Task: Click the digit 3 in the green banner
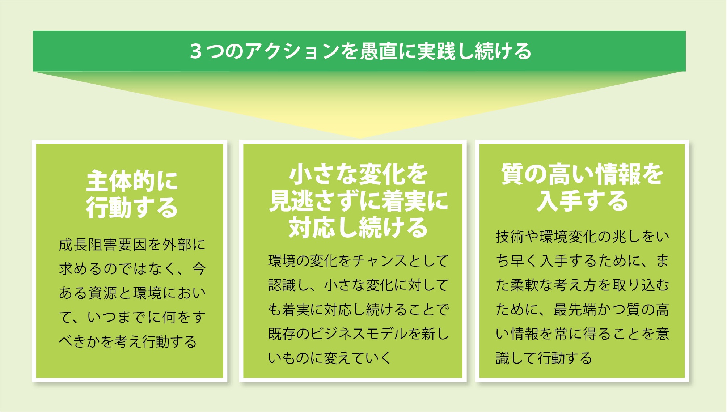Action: (196, 51)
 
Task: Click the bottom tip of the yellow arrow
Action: (359, 138)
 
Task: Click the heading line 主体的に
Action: (132, 181)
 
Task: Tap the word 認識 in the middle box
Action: (282, 285)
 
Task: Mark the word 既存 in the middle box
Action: (282, 334)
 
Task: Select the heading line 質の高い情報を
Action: (582, 174)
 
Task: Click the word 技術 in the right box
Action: (510, 237)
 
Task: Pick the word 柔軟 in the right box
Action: (525, 285)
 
